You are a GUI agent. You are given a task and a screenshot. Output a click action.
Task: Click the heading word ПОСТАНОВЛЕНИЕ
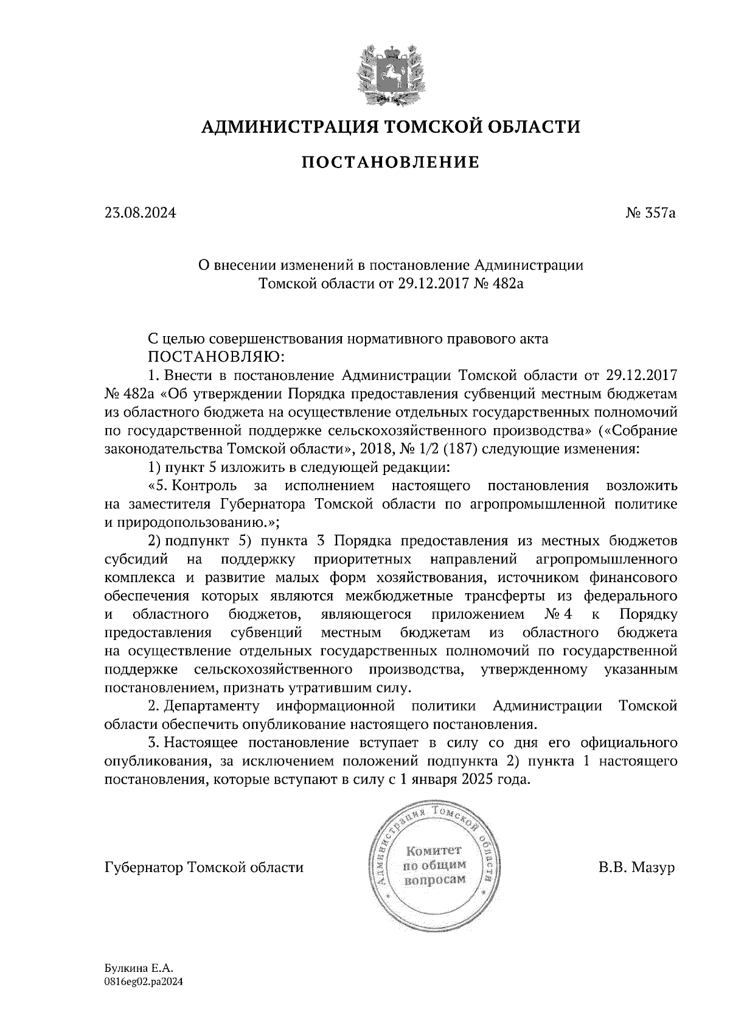tap(391, 163)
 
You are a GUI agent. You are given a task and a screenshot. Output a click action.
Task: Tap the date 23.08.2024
tap(140, 214)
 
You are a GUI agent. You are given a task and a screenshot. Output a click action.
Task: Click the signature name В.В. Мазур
tap(636, 867)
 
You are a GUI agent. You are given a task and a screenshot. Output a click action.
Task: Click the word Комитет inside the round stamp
tap(434, 851)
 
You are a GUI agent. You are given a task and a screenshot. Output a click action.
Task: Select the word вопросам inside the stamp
tap(435, 880)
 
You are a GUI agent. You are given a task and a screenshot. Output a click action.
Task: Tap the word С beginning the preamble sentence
tap(154, 339)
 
